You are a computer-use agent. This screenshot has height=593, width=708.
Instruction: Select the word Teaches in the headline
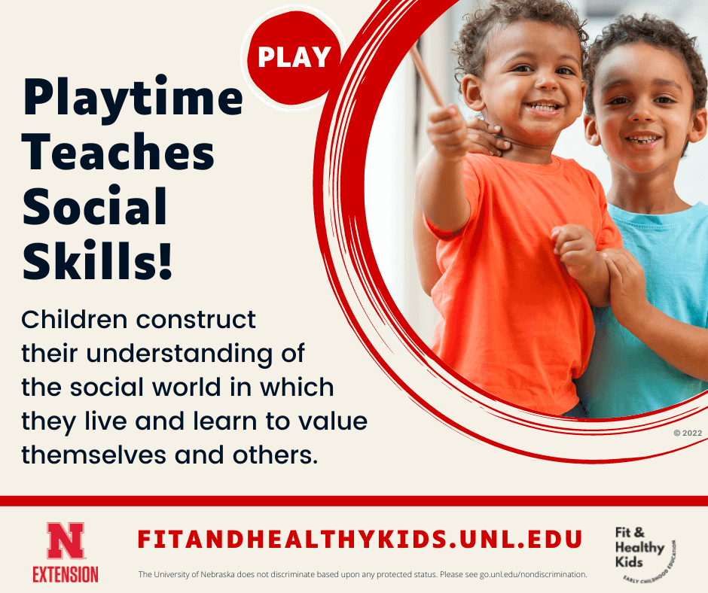pyautogui.click(x=118, y=153)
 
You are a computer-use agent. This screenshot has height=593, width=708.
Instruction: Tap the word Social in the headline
pyautogui.click(x=94, y=205)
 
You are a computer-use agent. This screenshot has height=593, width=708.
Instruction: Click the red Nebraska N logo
pyautogui.click(x=66, y=541)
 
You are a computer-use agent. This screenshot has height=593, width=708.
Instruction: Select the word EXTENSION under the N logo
pyautogui.click(x=66, y=573)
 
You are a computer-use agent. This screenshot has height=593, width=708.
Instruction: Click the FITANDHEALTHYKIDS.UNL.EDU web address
pyautogui.click(x=360, y=539)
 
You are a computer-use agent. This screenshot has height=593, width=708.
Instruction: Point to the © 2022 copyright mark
pyautogui.click(x=686, y=433)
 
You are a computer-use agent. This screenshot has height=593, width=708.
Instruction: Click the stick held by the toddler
pyautogui.click(x=428, y=75)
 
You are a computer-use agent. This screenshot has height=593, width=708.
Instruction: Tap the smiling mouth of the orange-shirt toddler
pyautogui.click(x=543, y=107)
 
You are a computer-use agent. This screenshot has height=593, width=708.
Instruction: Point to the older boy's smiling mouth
pyautogui.click(x=642, y=140)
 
